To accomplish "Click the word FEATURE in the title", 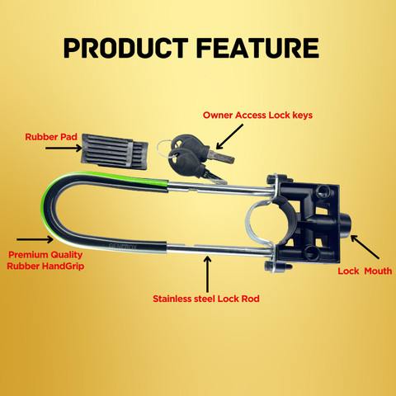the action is coord(258,48).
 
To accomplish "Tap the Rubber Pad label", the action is coord(51,137).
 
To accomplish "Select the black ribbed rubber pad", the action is coord(115,152).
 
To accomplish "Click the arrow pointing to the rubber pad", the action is coord(64,148).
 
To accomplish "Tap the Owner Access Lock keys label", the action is coord(257,115).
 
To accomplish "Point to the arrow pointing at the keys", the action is coord(229,137).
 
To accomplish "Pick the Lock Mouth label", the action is coord(365,271).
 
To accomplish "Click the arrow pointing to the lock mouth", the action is coord(365,247).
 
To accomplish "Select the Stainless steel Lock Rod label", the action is coord(206,299).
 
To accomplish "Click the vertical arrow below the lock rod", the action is coord(207,274).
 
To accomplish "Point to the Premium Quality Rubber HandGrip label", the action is coord(45,261).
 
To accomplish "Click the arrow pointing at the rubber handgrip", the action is coord(35,239).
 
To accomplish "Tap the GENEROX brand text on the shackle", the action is coord(123,246).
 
